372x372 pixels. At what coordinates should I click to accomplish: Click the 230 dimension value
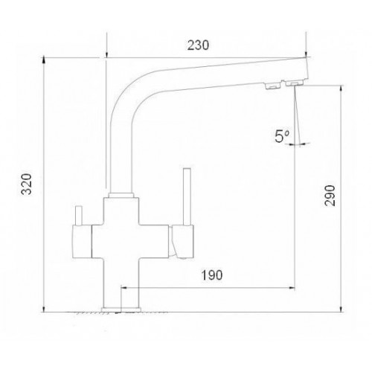(198, 45)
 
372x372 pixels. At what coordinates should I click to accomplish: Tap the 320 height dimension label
(26, 184)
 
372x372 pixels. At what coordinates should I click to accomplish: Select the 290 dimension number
(330, 195)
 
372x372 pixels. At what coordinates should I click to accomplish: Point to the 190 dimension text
(211, 275)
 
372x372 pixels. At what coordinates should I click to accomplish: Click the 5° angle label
(282, 136)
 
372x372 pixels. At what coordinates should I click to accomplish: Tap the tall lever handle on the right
(187, 197)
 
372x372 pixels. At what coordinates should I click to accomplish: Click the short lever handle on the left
(79, 216)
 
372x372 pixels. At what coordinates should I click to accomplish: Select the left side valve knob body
(82, 242)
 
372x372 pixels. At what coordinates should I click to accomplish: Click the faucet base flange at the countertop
(121, 310)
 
